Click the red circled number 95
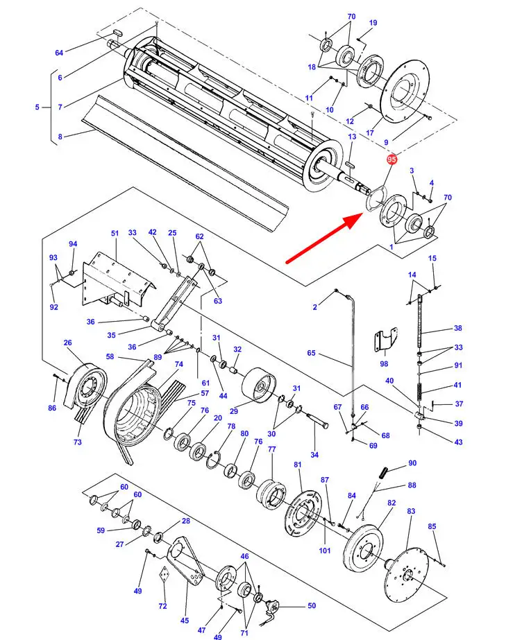point(391,159)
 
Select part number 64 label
point(59,53)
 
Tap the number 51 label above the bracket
point(115,233)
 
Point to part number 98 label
point(384,363)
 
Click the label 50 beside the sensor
point(312,605)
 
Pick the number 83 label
point(411,510)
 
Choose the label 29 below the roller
point(234,411)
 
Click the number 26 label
point(68,343)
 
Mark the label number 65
point(311,352)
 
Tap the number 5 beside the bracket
point(37,107)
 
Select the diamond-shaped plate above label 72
point(164,575)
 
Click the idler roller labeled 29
point(259,386)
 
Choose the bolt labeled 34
point(317,420)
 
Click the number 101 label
point(325,550)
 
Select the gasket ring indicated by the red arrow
point(376,198)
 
